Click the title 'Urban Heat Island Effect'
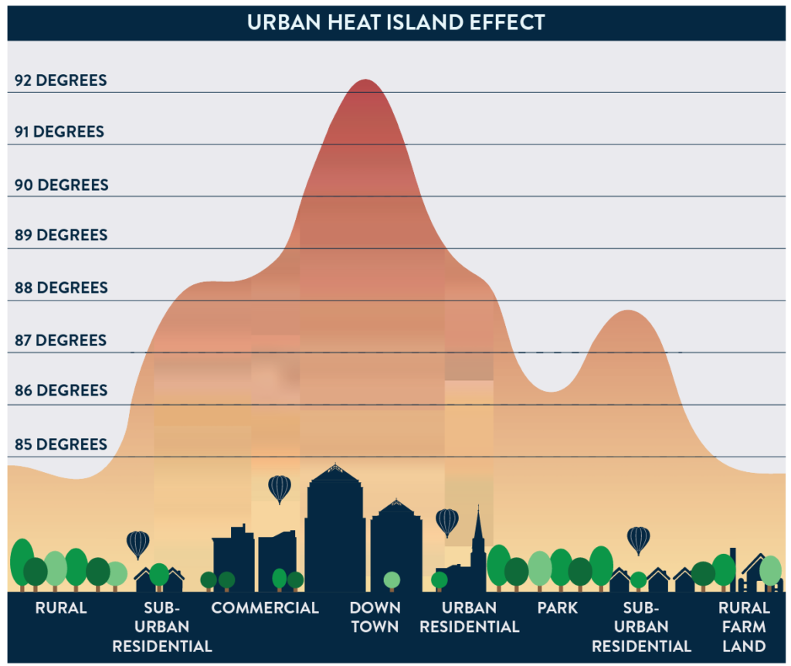point(395,22)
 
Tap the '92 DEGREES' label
point(60,80)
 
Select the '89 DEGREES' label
point(60,235)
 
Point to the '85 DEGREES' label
point(60,444)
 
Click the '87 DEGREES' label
point(60,340)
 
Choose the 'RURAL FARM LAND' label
point(744,627)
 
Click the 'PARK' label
point(558,608)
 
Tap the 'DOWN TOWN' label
point(375,617)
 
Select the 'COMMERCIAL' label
point(265,608)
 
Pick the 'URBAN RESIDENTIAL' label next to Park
point(470,617)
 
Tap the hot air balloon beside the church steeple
point(447,522)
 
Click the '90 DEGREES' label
point(60,185)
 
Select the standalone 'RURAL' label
point(61,608)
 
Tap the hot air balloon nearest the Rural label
point(138,544)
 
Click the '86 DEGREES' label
point(60,390)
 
